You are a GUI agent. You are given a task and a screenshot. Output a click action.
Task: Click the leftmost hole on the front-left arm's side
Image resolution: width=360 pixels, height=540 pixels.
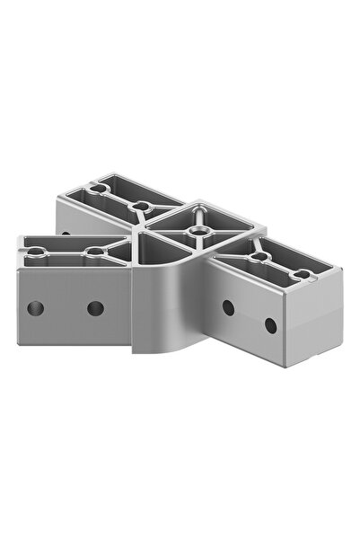(35, 308)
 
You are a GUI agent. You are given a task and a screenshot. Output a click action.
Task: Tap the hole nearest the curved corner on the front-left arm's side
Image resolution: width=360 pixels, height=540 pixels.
(95, 308)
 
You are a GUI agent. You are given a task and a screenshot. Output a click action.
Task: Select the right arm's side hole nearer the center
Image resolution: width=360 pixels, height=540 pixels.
(228, 307)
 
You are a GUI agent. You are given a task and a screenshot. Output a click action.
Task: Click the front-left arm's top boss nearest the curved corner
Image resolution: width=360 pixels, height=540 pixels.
(96, 253)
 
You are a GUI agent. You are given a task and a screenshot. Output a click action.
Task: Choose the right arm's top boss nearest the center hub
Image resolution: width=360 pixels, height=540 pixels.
(259, 257)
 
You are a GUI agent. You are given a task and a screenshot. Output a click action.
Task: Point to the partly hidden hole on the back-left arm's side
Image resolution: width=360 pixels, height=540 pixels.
(65, 234)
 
